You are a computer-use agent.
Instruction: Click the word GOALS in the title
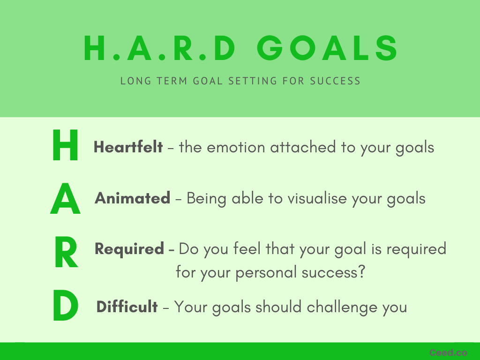click(327, 48)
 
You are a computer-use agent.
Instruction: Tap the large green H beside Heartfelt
click(65, 145)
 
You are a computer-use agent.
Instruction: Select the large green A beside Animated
click(65, 198)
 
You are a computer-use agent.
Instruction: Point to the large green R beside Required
click(66, 253)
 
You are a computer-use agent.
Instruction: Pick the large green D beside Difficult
click(66, 305)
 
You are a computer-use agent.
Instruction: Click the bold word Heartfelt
click(128, 147)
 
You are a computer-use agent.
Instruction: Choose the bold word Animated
click(133, 198)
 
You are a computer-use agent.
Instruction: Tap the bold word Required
click(129, 249)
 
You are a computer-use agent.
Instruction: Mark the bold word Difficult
click(127, 307)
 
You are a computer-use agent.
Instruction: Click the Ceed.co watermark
click(448, 352)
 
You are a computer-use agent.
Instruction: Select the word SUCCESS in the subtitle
click(335, 81)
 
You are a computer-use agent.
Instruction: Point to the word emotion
click(236, 147)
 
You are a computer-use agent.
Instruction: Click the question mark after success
click(361, 271)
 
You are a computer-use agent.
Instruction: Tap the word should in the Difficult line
click(278, 307)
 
